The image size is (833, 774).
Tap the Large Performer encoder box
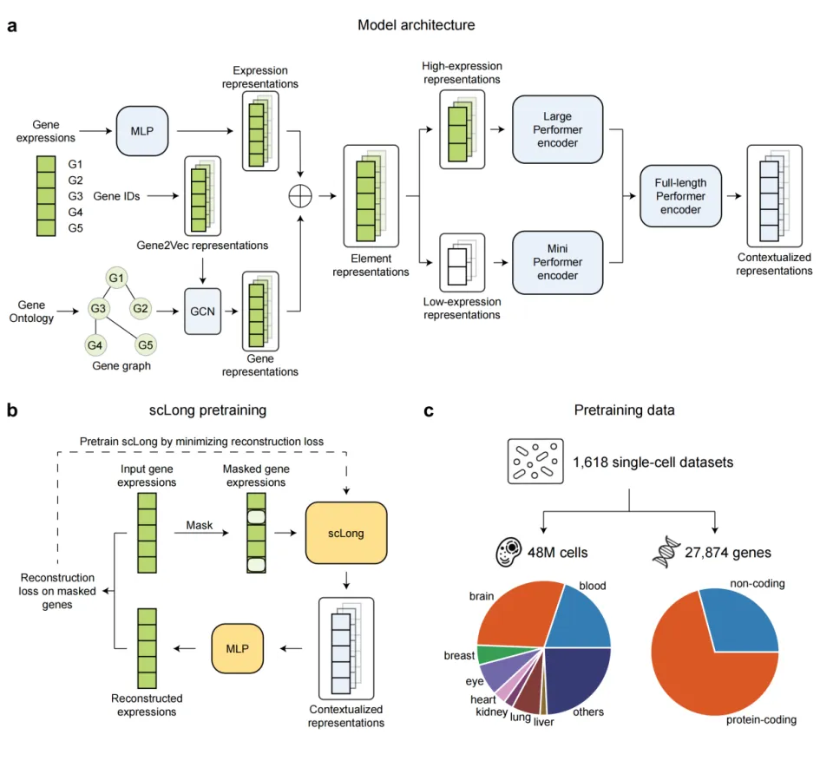click(x=557, y=130)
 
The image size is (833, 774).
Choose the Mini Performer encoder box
click(x=557, y=261)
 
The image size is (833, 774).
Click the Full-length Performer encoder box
click(x=679, y=196)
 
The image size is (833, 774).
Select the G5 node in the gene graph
click(x=145, y=345)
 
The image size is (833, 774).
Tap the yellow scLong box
click(x=346, y=533)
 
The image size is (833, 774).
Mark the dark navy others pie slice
click(x=577, y=681)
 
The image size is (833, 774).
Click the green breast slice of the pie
click(x=489, y=655)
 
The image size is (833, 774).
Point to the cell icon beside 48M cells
click(x=508, y=552)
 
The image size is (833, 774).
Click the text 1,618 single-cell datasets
click(x=653, y=462)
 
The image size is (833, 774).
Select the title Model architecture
click(x=416, y=25)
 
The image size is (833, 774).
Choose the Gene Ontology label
click(x=36, y=312)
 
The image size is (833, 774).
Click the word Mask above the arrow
click(x=200, y=525)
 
